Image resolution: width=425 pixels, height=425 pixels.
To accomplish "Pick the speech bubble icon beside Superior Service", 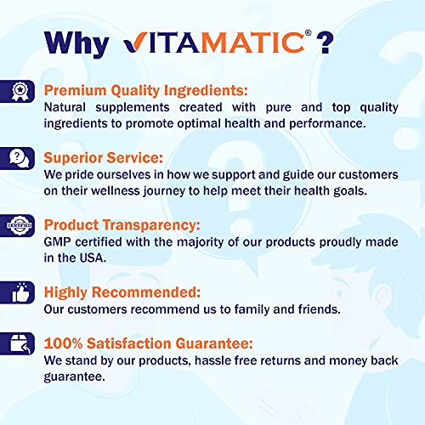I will [20, 157].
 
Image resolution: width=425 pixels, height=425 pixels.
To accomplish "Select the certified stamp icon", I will [20, 226].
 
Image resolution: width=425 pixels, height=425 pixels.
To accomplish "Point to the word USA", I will [99, 258].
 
